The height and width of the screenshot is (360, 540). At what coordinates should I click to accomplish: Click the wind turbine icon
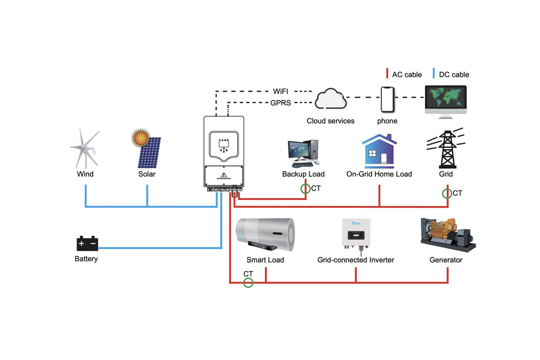[86, 149]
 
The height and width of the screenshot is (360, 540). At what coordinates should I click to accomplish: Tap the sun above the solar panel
[141, 138]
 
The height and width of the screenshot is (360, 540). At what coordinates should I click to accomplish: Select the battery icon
[87, 243]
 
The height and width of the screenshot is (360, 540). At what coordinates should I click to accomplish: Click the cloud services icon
[330, 99]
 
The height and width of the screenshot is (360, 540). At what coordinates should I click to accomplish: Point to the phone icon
[388, 99]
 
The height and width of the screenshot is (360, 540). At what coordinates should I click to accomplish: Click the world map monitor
[446, 100]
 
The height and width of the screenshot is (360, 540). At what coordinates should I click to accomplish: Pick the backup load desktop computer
[303, 153]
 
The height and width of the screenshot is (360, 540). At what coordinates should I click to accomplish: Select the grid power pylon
[447, 149]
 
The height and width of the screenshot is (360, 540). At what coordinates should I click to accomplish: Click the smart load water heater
[265, 234]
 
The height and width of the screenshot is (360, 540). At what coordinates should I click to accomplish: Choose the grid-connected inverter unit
[356, 235]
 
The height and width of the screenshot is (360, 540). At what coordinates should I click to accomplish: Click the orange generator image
[447, 234]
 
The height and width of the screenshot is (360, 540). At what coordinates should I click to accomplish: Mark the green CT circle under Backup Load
[305, 189]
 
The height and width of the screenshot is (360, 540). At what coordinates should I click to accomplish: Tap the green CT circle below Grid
[447, 194]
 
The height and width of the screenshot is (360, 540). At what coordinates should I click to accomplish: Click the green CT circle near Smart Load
[248, 283]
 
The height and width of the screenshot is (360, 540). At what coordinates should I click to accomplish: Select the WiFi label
[281, 92]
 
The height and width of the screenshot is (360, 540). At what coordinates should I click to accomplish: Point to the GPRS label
[281, 103]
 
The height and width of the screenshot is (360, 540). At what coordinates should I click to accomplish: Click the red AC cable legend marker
[387, 73]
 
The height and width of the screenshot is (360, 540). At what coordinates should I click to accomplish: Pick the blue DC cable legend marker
[433, 73]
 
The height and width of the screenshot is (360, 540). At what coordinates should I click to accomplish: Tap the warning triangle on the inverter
[224, 175]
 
